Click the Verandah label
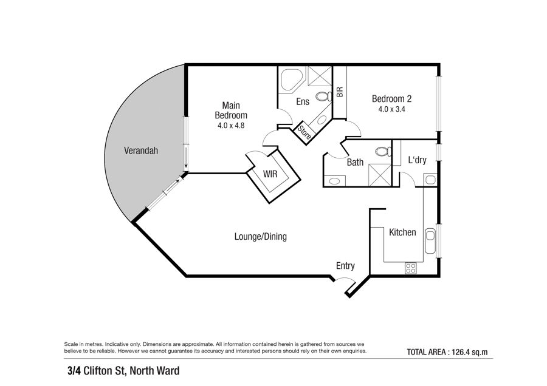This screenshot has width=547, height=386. coord(141,151)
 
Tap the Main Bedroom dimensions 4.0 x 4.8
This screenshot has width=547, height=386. coord(231,126)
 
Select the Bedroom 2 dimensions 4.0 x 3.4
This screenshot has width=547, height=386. coord(391,109)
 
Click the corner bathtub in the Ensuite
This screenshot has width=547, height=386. coord(291,80)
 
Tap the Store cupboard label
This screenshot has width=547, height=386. coord(304,132)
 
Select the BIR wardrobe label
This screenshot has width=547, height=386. coord(340,92)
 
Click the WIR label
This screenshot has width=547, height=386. coord(270,174)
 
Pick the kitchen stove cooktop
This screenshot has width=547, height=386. coord(411,268)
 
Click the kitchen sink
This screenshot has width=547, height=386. coord(430,241)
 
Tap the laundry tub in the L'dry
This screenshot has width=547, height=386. coord(430,180)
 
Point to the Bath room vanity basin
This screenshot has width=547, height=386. coord(334,181)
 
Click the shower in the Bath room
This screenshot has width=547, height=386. coord(379,175)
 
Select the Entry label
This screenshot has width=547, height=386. coord(345,266)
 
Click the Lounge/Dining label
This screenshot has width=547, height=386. coord(261,237)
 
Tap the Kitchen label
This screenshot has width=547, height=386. coord(402,232)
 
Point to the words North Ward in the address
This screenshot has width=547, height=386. coord(154,370)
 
